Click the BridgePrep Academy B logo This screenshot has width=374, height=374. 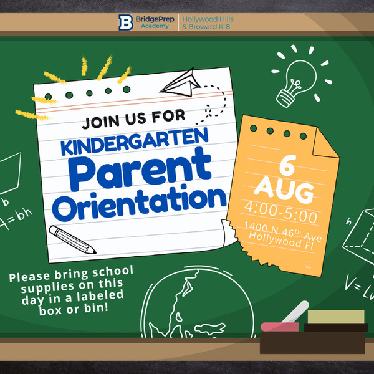(x=125, y=22)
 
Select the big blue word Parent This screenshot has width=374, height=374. (x=140, y=169)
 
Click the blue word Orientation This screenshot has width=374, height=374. (x=139, y=203)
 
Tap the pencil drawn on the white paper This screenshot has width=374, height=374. (x=72, y=239)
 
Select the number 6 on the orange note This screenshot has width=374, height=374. (x=288, y=165)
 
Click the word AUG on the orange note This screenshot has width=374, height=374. (x=284, y=192)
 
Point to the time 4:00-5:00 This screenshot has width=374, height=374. (x=280, y=212)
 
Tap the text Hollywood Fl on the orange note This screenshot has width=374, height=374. (x=280, y=241)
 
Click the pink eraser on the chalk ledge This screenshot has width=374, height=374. (x=279, y=327)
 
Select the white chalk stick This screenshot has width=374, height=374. (x=295, y=312)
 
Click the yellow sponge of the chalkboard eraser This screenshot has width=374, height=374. (x=336, y=317)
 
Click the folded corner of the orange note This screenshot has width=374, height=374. (x=324, y=143)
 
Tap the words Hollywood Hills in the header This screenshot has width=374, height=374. (x=208, y=19)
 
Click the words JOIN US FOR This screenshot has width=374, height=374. (x=133, y=119)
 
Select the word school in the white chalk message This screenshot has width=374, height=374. (x=113, y=272)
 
